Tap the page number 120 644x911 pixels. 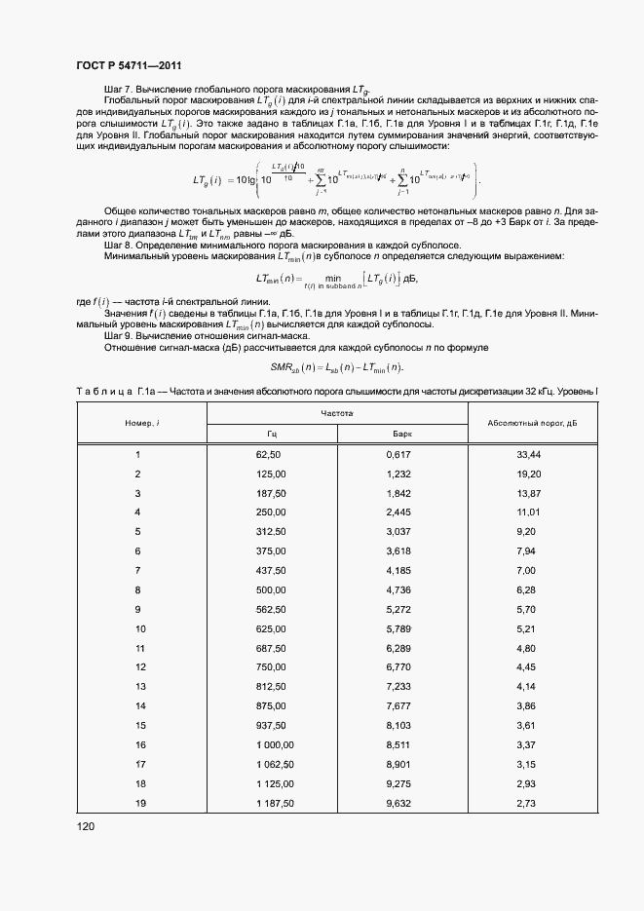pyautogui.click(x=88, y=828)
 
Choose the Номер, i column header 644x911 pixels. pyautogui.click(x=141, y=423)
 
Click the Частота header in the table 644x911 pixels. pyautogui.click(x=337, y=414)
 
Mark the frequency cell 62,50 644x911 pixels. pyautogui.click(x=268, y=455)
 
